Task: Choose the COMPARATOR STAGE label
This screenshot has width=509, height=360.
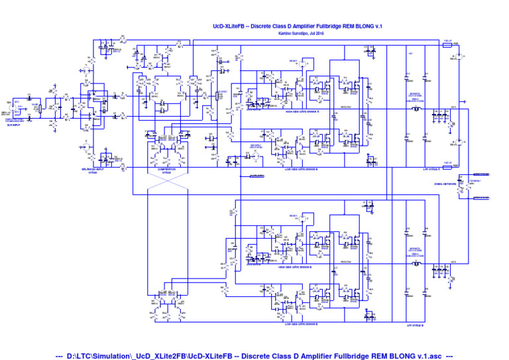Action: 167,170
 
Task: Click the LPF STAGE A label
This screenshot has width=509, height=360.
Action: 433,170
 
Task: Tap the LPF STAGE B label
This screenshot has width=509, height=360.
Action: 415,325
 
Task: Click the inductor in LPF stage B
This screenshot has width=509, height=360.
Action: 416,265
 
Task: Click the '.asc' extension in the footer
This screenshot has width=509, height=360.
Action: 436,355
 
